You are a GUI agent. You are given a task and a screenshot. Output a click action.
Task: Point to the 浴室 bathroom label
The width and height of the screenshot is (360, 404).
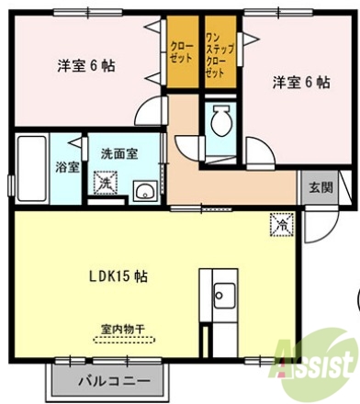tap(66, 167)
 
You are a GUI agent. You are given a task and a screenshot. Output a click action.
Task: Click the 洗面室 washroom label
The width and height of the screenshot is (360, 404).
tap(119, 153)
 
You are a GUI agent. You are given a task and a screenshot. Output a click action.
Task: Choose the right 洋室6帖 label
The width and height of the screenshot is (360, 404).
tap(300, 82)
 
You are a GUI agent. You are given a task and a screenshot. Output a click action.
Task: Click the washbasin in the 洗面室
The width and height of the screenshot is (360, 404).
tap(144, 190)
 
